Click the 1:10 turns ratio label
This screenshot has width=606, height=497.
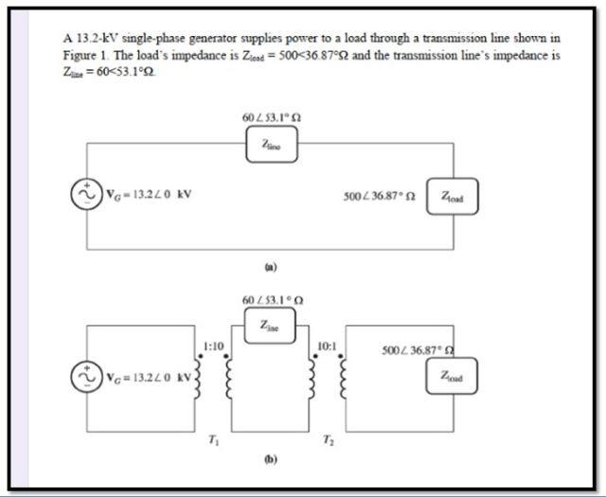pos(213,346)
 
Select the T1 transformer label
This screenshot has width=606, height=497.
pos(213,438)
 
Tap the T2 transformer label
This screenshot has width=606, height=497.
pos(329,438)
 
